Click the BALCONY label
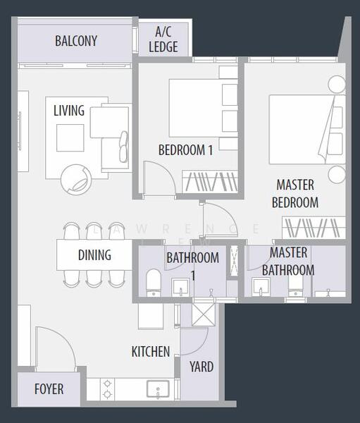pyautogui.click(x=76, y=41)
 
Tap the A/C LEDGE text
pyautogui.click(x=163, y=39)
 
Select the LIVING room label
pyautogui.click(x=69, y=111)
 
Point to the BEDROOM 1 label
pyautogui.click(x=185, y=150)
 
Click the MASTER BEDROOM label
pyautogui.click(x=295, y=194)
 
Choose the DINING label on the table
pyautogui.click(x=94, y=255)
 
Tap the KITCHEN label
pyautogui.click(x=151, y=352)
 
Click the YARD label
pyautogui.click(x=201, y=367)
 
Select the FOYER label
pyautogui.click(x=49, y=389)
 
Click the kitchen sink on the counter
pyautogui.click(x=158, y=388)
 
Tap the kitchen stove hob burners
pyautogui.click(x=107, y=388)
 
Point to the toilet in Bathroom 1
pyautogui.click(x=154, y=283)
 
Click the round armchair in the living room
pyautogui.click(x=76, y=179)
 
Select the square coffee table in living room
pyautogui.click(x=70, y=138)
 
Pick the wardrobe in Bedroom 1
pyautogui.click(x=210, y=181)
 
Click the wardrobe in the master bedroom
pyautogui.click(x=314, y=228)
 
